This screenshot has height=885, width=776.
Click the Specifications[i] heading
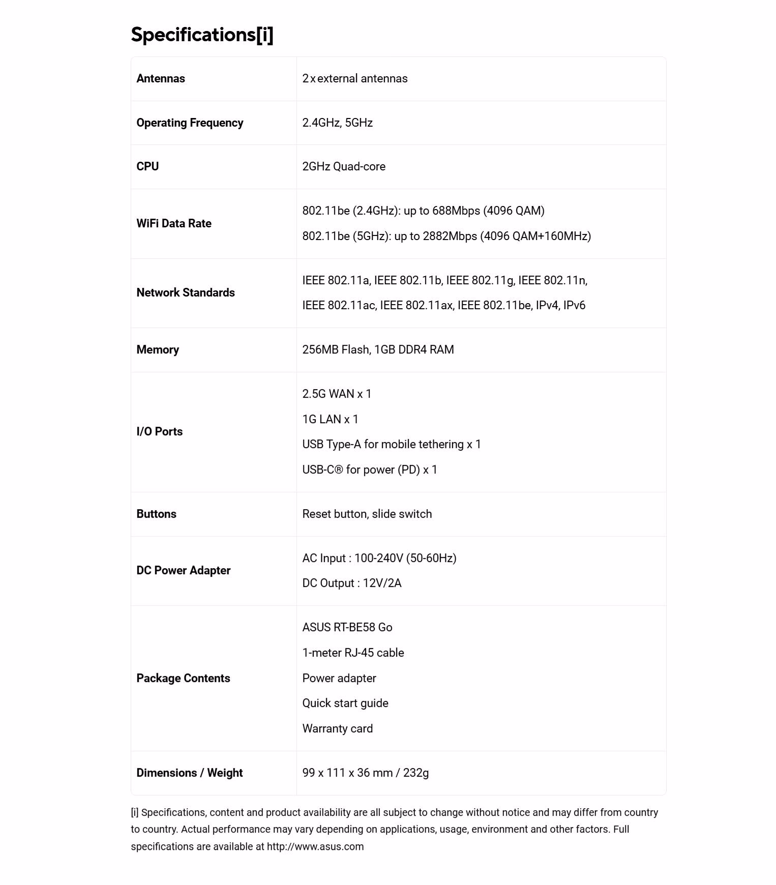(x=202, y=35)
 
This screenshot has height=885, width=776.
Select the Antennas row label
(x=161, y=78)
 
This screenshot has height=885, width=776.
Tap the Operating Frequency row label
(x=190, y=123)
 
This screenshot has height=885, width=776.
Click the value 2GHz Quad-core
(x=344, y=166)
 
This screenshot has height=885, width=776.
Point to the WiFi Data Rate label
(x=174, y=223)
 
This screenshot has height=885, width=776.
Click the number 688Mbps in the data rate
(x=456, y=211)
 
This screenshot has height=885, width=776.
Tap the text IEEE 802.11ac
(x=339, y=305)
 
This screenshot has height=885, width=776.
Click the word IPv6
(x=574, y=305)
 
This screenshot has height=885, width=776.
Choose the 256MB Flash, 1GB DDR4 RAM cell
(x=378, y=349)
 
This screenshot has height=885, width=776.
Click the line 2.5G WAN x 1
(x=337, y=394)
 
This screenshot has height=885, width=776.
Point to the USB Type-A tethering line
(x=392, y=444)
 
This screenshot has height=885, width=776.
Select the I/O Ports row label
(x=159, y=431)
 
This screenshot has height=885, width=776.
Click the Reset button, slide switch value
(x=367, y=514)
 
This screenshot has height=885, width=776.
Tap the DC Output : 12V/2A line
(x=352, y=583)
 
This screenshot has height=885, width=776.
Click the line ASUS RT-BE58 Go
(x=347, y=627)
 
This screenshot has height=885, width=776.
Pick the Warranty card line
(x=337, y=728)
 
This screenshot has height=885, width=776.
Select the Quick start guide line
(x=345, y=703)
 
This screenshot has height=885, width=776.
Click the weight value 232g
(x=416, y=773)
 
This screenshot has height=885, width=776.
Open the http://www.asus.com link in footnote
(x=315, y=846)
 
